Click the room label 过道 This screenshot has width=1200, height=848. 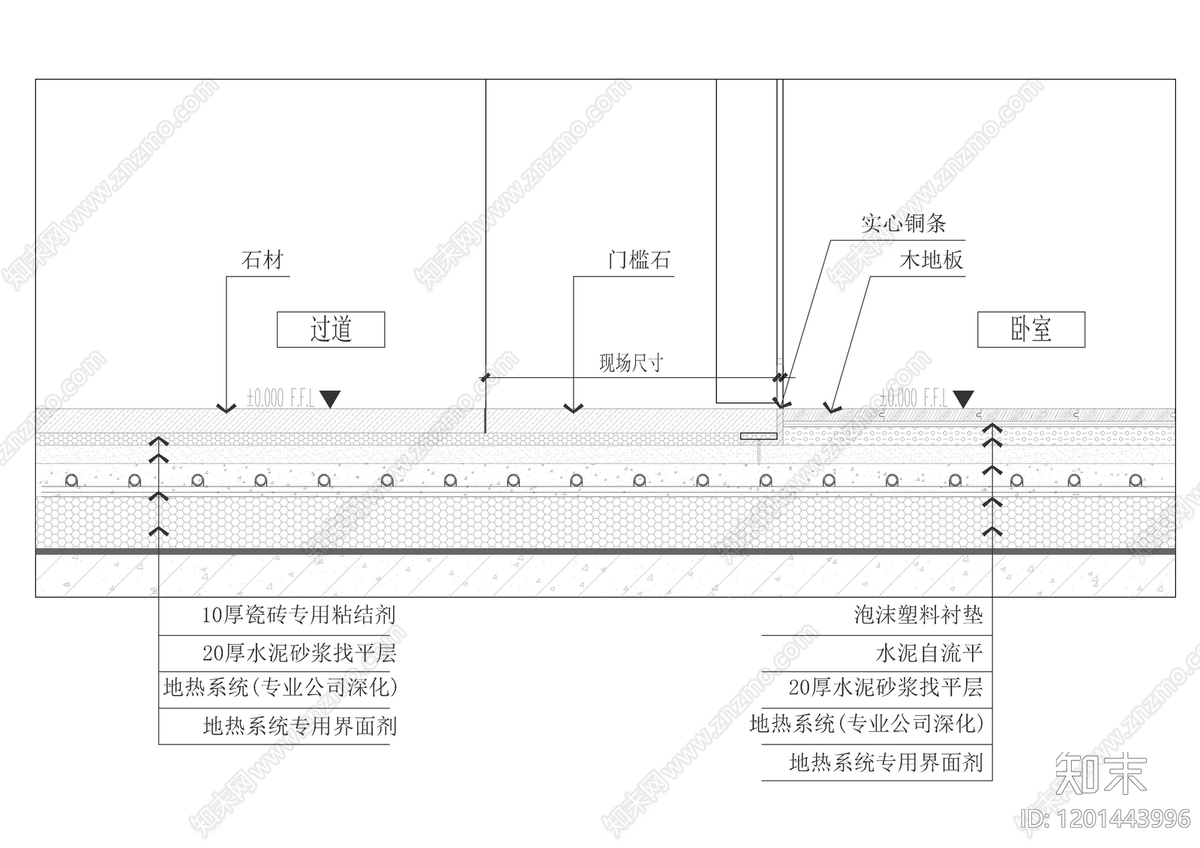(x=331, y=329)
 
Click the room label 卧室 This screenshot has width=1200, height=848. (x=1030, y=329)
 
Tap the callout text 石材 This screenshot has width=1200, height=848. (x=262, y=261)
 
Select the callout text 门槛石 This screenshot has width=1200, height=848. (x=638, y=261)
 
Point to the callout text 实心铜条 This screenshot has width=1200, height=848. (x=903, y=223)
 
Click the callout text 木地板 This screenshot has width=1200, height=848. (x=931, y=261)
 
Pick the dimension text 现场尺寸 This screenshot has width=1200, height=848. (x=631, y=364)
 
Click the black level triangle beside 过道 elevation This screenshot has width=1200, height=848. (x=330, y=399)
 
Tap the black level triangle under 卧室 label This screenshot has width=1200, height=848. (x=963, y=399)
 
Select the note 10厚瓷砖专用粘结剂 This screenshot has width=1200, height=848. (x=298, y=616)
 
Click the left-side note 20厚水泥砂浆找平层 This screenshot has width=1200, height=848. (x=298, y=654)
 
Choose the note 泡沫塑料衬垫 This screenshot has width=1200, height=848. (x=918, y=616)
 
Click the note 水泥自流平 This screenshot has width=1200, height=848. (x=928, y=654)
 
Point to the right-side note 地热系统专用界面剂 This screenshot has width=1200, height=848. (x=886, y=763)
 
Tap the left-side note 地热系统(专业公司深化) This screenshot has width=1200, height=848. (x=280, y=688)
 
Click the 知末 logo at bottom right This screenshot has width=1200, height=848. (x=1100, y=773)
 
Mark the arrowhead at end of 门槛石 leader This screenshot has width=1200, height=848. (x=574, y=409)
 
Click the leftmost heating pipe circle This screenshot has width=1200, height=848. (x=71, y=480)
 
